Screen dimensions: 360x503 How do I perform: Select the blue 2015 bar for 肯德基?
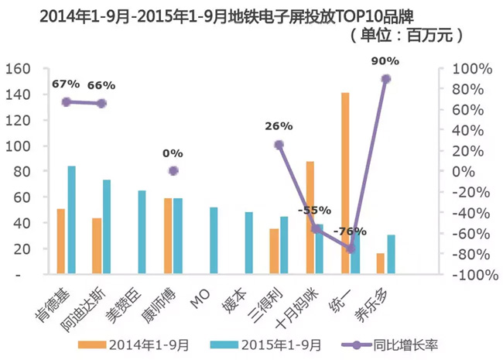coord(71,220)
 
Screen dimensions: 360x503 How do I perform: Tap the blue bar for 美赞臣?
coord(142,232)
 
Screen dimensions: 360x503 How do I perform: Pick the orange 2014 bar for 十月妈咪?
coord(310,218)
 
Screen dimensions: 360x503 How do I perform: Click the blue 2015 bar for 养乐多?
coord(391,255)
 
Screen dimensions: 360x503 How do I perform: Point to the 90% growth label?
coord(385,61)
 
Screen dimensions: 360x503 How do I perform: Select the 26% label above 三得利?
coord(278,125)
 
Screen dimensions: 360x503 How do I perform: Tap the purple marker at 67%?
coord(66,101)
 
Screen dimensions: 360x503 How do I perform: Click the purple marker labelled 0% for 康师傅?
coord(173,170)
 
